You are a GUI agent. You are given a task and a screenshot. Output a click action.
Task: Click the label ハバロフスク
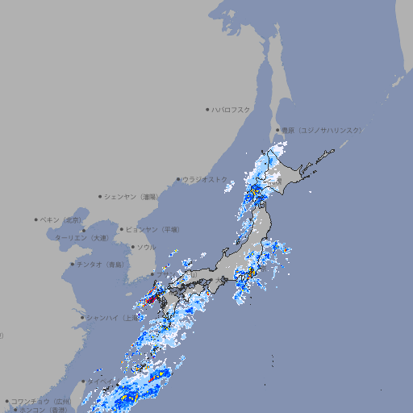(x=232, y=109)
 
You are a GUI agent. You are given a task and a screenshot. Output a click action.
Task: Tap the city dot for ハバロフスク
(x=207, y=109)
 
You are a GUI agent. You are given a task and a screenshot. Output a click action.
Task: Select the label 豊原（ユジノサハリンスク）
(x=322, y=130)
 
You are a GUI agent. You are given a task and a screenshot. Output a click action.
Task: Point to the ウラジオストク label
(x=205, y=179)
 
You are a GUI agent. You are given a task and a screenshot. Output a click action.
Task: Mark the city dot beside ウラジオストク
(x=178, y=179)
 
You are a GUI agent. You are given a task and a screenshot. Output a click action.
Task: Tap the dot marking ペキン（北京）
(x=36, y=219)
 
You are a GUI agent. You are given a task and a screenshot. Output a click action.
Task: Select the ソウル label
(x=146, y=247)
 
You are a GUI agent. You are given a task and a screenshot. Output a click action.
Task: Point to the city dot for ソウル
(x=132, y=247)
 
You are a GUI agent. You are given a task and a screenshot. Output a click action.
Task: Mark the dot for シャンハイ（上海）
(x=81, y=318)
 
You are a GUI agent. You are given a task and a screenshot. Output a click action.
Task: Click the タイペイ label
(x=101, y=381)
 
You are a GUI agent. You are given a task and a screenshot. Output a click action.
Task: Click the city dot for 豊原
(x=277, y=130)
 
